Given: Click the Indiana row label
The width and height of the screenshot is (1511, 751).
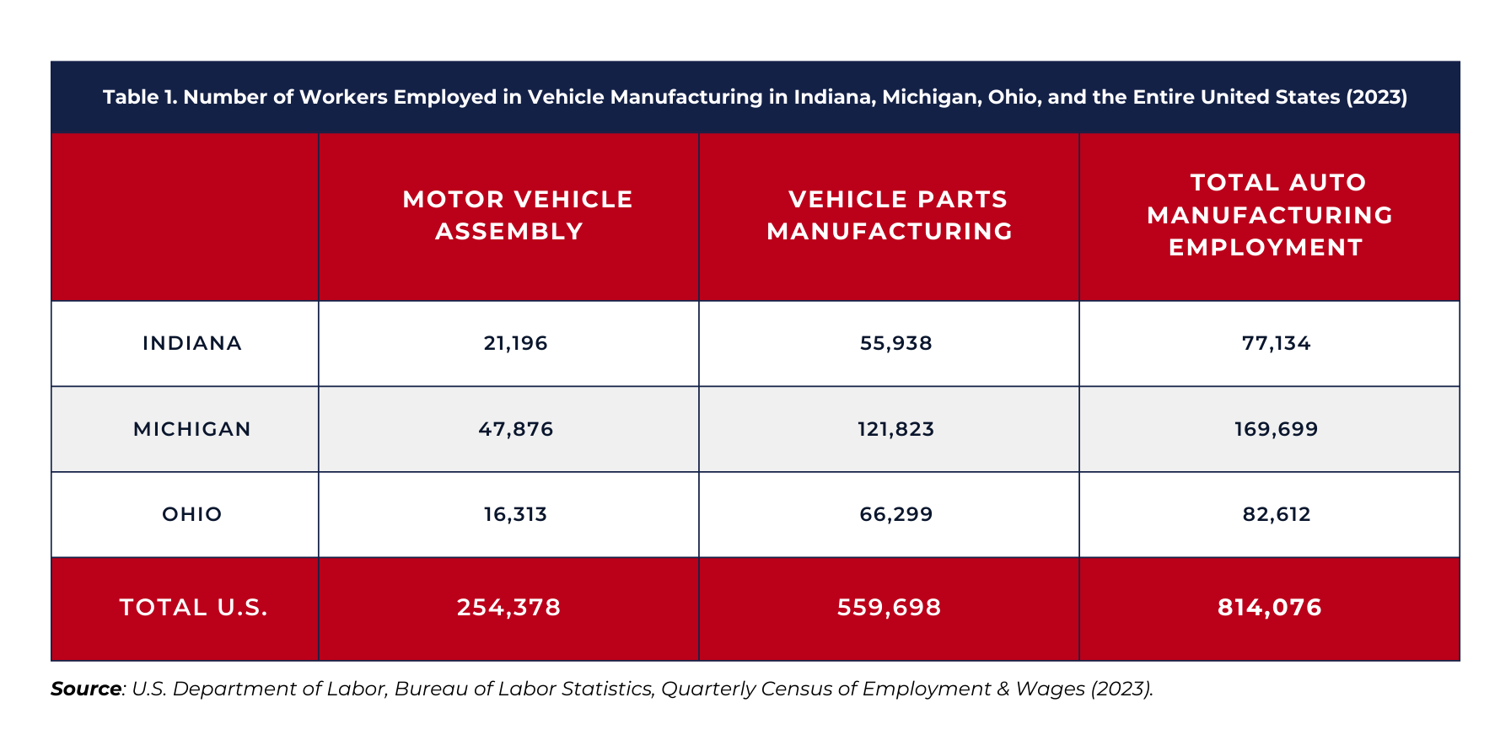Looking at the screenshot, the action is (192, 343).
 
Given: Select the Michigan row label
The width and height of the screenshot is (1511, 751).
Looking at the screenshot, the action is (192, 429).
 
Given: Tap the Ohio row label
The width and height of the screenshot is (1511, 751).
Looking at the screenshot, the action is (192, 514).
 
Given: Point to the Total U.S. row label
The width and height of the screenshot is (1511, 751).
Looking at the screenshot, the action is (194, 607).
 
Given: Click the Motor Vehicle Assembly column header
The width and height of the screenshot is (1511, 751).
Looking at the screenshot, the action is (517, 215).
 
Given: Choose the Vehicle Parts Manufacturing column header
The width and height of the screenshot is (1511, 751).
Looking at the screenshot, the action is (890, 215).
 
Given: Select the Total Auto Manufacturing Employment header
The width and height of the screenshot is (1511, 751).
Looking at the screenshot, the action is (1270, 215).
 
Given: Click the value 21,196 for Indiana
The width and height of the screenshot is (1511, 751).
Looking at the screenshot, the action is (516, 343).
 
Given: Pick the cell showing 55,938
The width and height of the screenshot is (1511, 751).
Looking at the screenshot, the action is (896, 343).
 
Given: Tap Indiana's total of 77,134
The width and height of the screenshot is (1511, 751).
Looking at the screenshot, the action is (1277, 343).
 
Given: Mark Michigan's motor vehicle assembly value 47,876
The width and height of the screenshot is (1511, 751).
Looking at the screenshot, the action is (516, 429).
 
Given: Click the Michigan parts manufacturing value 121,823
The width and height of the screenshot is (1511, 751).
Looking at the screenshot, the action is (896, 429).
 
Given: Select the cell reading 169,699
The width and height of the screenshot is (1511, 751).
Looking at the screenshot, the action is (1277, 429).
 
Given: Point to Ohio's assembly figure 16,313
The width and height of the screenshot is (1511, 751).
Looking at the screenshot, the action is (516, 514).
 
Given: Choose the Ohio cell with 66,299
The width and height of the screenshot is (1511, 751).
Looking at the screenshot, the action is (896, 514).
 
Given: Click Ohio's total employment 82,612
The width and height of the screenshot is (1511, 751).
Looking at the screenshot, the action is (1277, 514).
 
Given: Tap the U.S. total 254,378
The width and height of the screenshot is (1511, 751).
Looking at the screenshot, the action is (509, 607).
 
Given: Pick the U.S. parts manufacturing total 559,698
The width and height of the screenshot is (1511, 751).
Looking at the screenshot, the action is (890, 607).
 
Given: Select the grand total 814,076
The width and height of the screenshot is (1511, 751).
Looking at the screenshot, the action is (1270, 607).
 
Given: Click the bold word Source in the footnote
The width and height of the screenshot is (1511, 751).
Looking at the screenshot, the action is (86, 689).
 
